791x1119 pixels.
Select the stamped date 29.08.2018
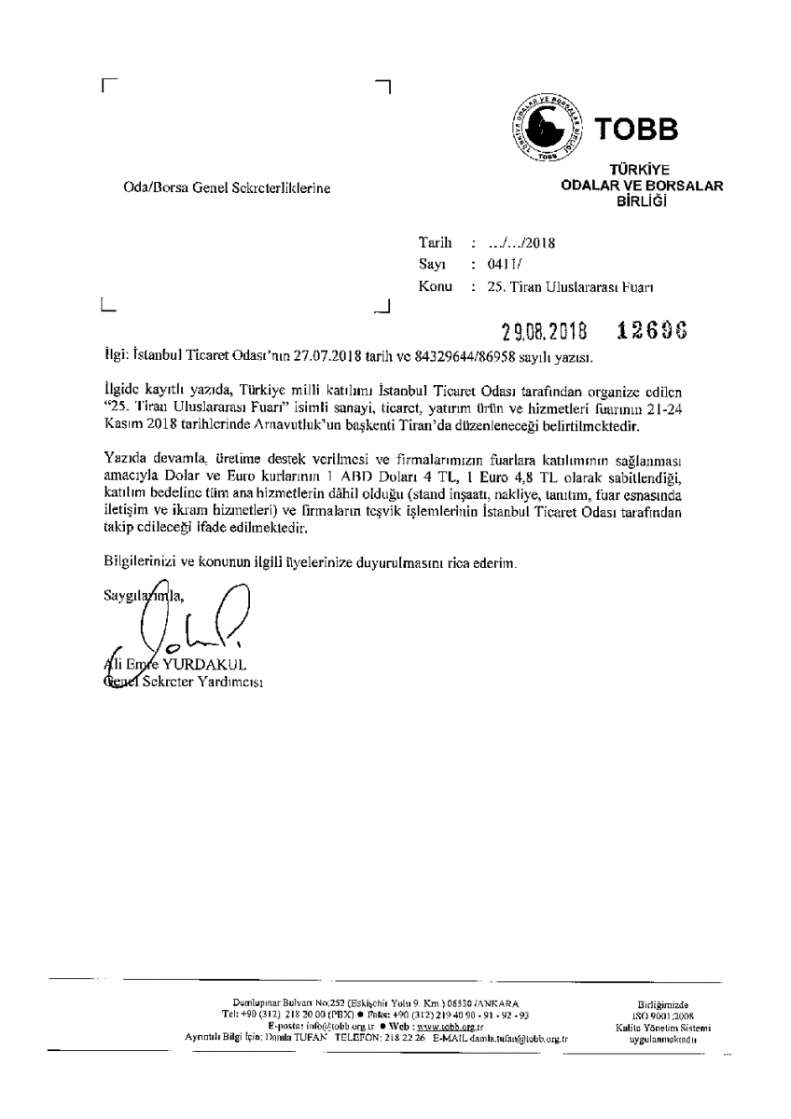click(x=542, y=332)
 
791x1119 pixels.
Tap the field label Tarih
click(x=435, y=242)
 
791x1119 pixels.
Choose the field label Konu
click(x=435, y=287)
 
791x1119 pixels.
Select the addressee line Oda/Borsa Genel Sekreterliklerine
click(x=228, y=188)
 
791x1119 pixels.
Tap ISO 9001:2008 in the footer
click(x=663, y=1015)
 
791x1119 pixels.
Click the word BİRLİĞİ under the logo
click(x=639, y=200)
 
